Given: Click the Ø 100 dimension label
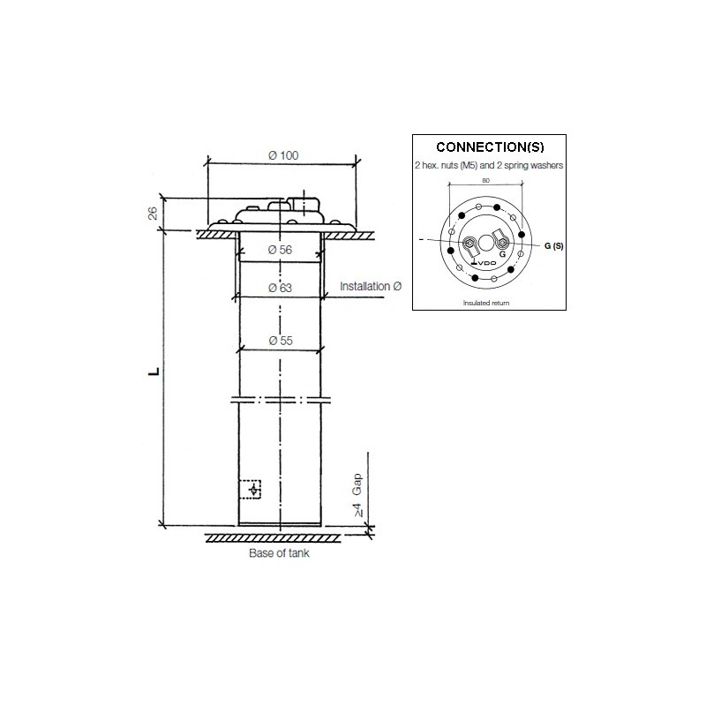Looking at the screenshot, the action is pos(283,155).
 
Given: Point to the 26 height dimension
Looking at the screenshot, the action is pos(153,214).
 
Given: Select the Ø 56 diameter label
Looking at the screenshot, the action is pos(280,250).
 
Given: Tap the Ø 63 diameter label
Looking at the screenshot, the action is pos(280,288).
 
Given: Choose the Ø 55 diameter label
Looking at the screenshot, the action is pos(281,341).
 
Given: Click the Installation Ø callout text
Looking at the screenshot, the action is pos(371,286).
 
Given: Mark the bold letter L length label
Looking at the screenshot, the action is pos(154,372).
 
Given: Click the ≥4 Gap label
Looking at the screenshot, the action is pos(357,495).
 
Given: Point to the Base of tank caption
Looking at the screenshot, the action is pos(279,553).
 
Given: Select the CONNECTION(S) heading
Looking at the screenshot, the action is pos(490,147).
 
